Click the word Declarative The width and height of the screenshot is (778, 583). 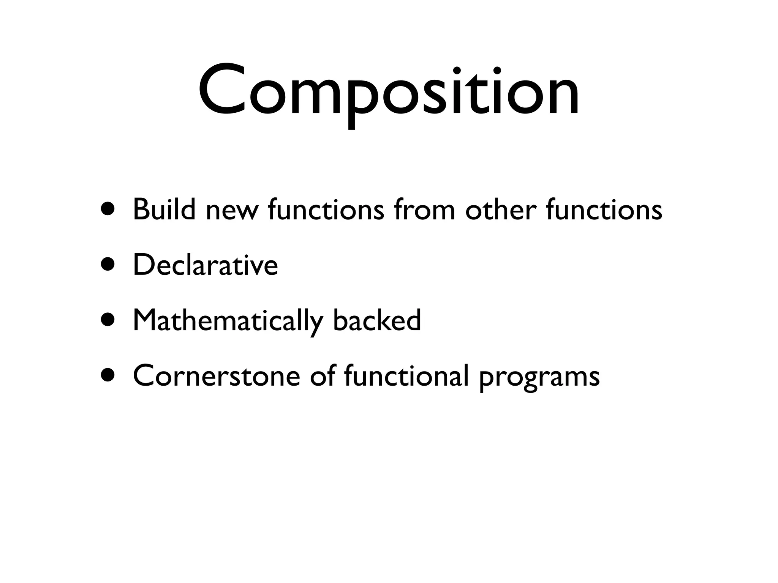click(206, 265)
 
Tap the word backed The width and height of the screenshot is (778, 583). click(377, 320)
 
